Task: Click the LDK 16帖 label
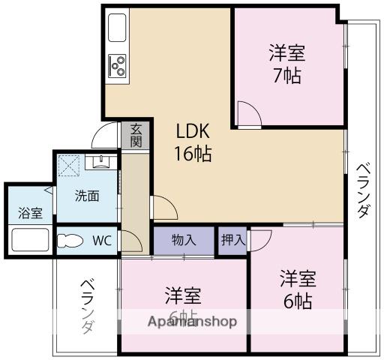193,142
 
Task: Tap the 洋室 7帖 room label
287,64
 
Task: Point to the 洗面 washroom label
86,196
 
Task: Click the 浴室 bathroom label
30,212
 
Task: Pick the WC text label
103,241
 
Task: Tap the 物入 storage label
184,241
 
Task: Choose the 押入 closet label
232,241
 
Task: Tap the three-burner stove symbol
118,66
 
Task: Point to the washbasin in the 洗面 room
98,160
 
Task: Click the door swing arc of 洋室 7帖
249,114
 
